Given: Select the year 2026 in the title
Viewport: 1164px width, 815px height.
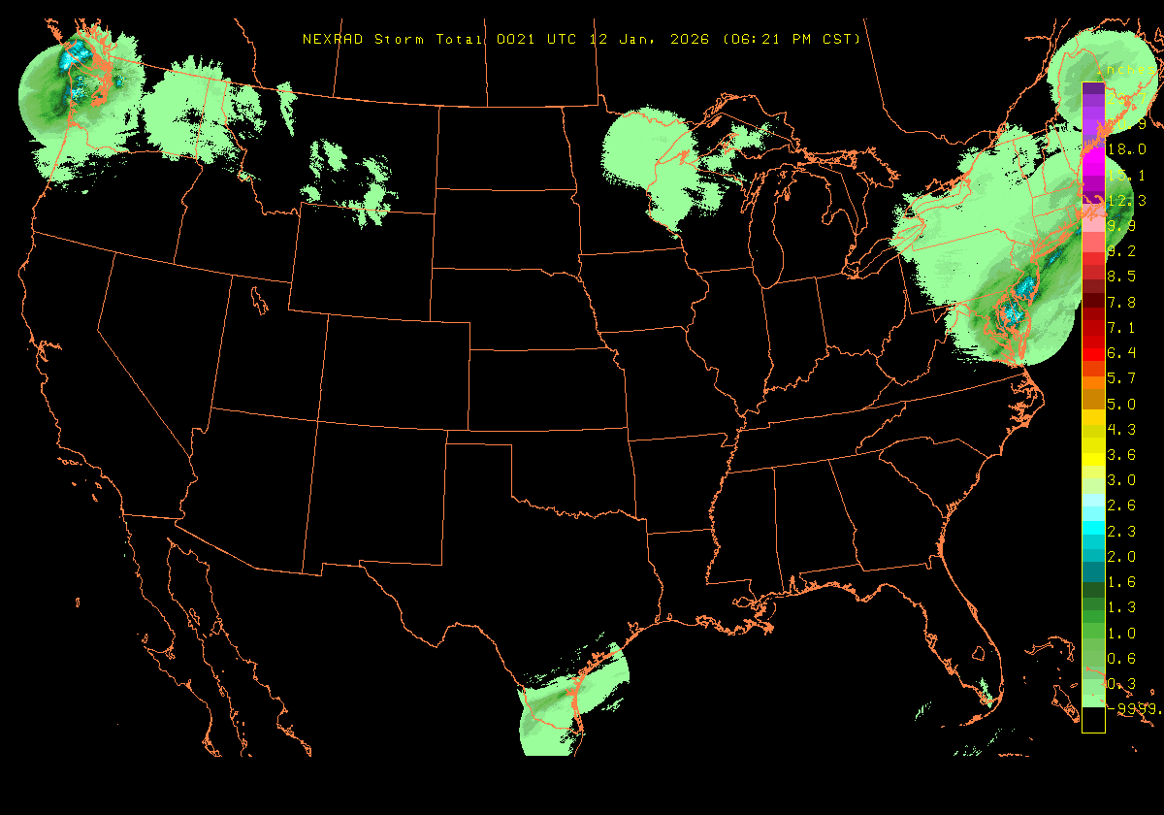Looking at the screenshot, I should (690, 40).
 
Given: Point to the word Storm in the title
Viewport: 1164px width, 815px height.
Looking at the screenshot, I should (397, 40).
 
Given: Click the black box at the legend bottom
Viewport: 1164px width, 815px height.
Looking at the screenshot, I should (1093, 720).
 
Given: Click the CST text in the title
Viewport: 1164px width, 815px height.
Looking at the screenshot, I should (838, 40).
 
